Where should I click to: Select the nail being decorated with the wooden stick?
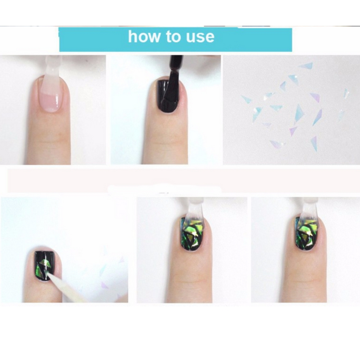pos(45,265)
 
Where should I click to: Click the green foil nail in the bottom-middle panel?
pos(191,234)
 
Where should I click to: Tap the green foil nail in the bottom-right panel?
pos(305,234)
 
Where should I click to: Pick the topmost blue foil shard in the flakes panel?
pos(306,66)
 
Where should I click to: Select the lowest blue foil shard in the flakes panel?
pos(314,144)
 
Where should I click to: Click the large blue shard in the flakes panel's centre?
pos(298,113)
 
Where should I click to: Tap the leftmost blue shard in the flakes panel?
pos(246,99)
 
